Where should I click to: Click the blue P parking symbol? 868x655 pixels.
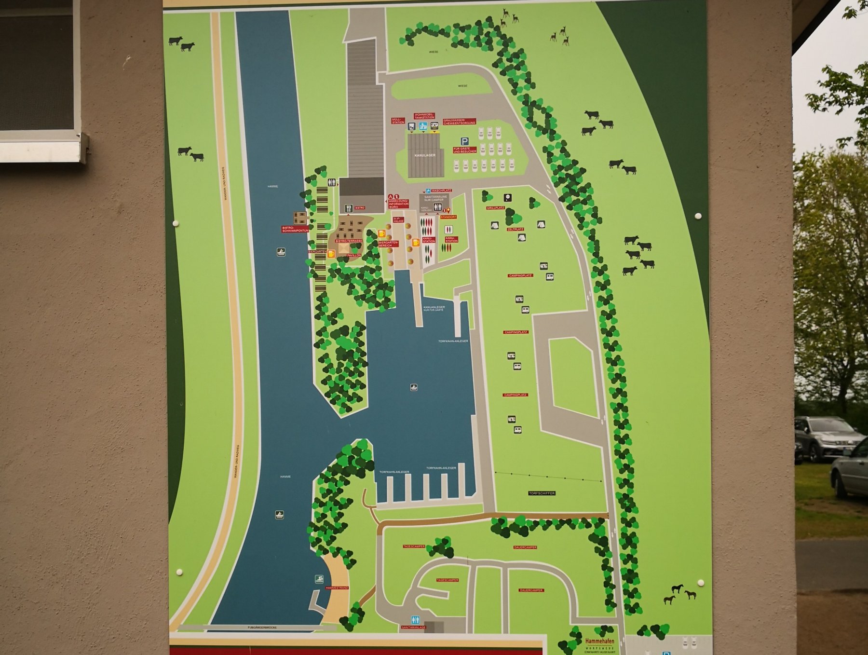pyautogui.click(x=464, y=141)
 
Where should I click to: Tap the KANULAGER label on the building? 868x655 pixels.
pyautogui.click(x=425, y=155)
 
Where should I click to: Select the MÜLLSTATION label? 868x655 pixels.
pyautogui.click(x=398, y=121)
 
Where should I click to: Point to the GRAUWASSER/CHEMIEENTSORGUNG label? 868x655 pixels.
pyautogui.click(x=459, y=122)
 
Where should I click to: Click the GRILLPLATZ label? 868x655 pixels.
pyautogui.click(x=495, y=208)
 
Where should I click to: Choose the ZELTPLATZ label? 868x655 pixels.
pyautogui.click(x=515, y=229)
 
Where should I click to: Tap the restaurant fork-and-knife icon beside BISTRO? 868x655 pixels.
pyautogui.click(x=349, y=208)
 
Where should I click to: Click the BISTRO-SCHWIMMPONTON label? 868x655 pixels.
pyautogui.click(x=295, y=229)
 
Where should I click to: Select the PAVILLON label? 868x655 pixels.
pyautogui.click(x=353, y=255)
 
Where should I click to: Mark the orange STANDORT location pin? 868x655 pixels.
pyautogui.click(x=448, y=210)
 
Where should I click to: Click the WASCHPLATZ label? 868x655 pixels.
pyautogui.click(x=441, y=191)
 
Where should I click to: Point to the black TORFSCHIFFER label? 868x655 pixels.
pyautogui.click(x=542, y=493)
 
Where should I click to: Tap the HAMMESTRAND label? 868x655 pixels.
pyautogui.click(x=337, y=588)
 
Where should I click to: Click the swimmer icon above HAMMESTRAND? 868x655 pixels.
pyautogui.click(x=319, y=579)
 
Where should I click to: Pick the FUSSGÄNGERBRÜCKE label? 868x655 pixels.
pyautogui.click(x=264, y=627)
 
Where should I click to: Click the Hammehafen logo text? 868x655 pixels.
pyautogui.click(x=599, y=641)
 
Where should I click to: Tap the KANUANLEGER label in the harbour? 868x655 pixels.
pyautogui.click(x=434, y=308)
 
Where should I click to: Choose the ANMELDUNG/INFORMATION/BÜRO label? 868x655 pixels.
pyautogui.click(x=399, y=204)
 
